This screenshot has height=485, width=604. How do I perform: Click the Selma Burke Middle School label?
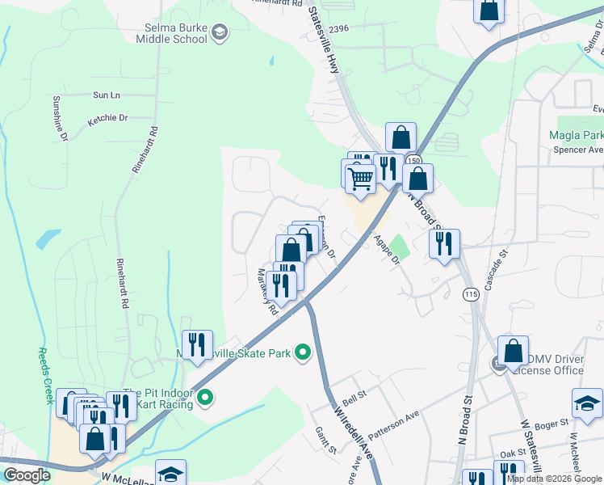pos(171,32)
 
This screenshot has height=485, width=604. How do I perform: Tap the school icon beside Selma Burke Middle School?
pos(220,32)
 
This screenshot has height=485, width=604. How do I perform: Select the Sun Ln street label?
pos(106,95)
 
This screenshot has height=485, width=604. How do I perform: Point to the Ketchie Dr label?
pos(107,118)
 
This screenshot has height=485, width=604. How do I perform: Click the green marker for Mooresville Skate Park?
pos(303,352)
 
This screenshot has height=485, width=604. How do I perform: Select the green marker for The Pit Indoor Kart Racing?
pos(205,397)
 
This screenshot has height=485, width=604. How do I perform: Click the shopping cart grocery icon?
pos(360,176)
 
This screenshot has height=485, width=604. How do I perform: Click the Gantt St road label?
pos(326,441)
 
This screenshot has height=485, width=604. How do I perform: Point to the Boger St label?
pos(552,421)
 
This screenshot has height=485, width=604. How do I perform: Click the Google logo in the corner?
pos(27,475)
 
